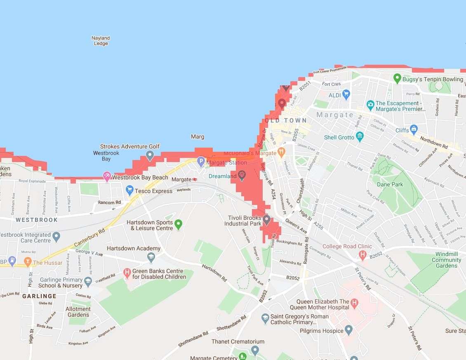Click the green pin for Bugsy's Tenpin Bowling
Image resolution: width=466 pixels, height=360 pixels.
pyautogui.click(x=397, y=78)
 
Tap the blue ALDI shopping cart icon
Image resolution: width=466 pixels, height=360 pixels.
pyautogui.click(x=346, y=94)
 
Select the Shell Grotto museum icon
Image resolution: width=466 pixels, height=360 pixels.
pyautogui.click(x=360, y=136)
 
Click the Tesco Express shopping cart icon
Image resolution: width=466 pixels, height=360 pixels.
pyautogui.click(x=129, y=190)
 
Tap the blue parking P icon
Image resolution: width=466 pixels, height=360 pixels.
pyautogui.click(x=201, y=162)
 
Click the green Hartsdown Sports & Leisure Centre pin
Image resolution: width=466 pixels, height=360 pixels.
pyautogui.click(x=178, y=224)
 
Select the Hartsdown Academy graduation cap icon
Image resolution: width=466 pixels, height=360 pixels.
pyautogui.click(x=151, y=257)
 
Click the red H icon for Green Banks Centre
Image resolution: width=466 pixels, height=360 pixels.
pyautogui.click(x=127, y=273)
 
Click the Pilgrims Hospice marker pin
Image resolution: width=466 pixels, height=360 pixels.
pyautogui.click(x=349, y=330)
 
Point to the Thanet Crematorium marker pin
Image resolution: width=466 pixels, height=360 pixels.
pyautogui.click(x=255, y=351)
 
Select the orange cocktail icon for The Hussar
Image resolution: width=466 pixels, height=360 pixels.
pyautogui.click(x=28, y=262)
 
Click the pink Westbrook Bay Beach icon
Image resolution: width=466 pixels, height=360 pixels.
pyautogui.click(x=107, y=176)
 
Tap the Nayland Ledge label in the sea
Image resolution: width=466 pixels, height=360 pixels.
pyautogui.click(x=101, y=41)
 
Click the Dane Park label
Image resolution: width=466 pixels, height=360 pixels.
pyautogui.click(x=390, y=184)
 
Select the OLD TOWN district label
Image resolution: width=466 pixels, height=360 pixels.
pyautogui.click(x=286, y=120)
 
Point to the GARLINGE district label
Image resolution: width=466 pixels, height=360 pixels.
pyautogui.click(x=39, y=296)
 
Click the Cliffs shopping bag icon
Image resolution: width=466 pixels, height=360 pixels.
pyautogui.click(x=414, y=129)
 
